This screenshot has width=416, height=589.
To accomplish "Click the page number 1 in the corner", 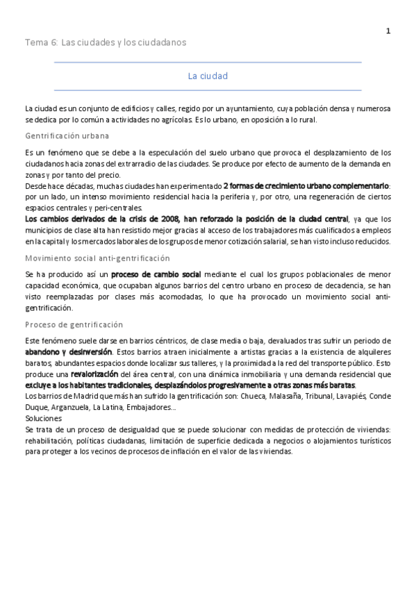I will pos(388,31).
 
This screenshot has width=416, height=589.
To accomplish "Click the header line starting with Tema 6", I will pos(106,42).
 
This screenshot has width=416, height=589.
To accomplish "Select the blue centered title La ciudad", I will pos(208,76).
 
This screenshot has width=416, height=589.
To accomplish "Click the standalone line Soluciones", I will pos(43,419).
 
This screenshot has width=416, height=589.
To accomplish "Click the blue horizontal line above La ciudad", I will pos(208,63).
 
